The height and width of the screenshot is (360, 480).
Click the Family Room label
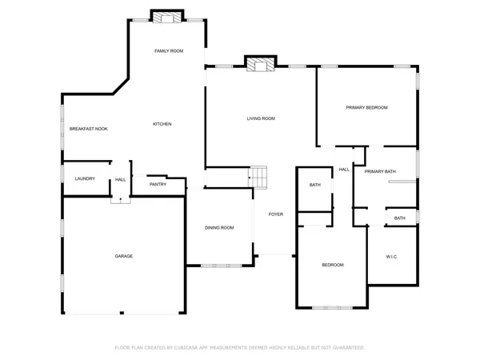click(x=169, y=50)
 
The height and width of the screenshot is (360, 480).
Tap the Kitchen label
click(x=162, y=124)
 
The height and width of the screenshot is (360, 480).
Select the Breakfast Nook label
click(x=89, y=129)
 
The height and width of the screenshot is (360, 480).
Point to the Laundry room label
click(x=85, y=178)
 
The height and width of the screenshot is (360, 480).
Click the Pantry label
click(x=158, y=185)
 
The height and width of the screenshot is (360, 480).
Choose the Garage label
click(x=123, y=256)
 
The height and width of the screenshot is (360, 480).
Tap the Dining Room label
click(x=219, y=228)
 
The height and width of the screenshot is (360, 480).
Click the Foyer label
click(x=275, y=214)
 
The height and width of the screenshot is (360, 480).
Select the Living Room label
click(x=261, y=118)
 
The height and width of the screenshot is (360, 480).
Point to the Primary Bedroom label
click(x=366, y=107)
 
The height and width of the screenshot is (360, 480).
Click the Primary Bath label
click(x=380, y=171)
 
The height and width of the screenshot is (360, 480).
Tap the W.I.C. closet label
click(x=392, y=257)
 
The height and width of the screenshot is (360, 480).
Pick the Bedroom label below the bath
click(x=333, y=265)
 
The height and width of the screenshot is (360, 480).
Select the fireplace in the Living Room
click(x=260, y=64)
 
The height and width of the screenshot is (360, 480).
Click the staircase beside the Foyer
click(x=258, y=175)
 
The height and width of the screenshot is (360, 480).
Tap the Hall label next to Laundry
click(x=120, y=179)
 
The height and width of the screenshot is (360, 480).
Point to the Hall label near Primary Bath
click(x=344, y=170)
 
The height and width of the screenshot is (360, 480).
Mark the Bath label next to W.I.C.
click(x=399, y=218)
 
